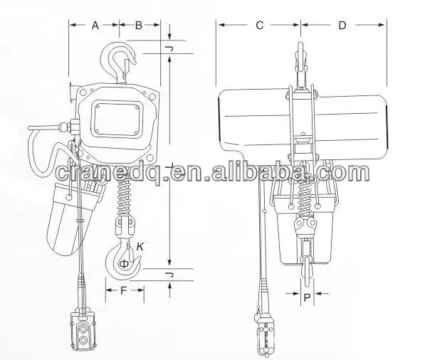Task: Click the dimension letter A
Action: [94, 25]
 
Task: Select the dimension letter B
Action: [139, 25]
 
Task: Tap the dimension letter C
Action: [260, 26]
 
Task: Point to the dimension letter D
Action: [342, 26]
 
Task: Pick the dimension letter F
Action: [125, 290]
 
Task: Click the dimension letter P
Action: [307, 300]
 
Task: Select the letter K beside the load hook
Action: [140, 245]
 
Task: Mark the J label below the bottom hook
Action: [169, 274]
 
